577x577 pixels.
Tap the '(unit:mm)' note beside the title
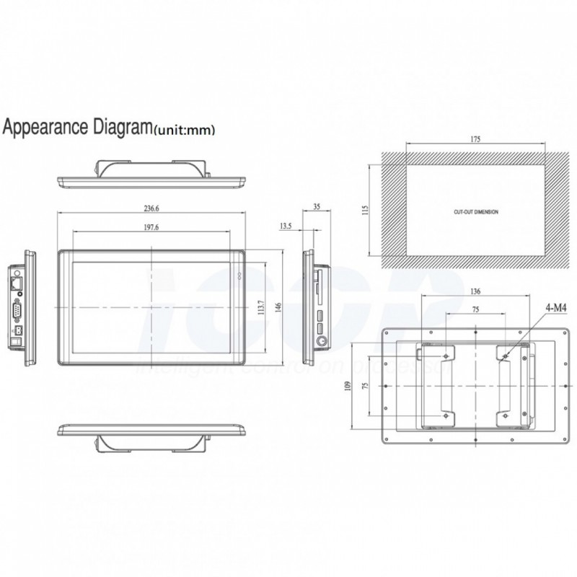(x=184, y=131)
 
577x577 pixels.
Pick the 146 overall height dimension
(x=278, y=308)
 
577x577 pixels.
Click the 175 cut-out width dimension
(x=475, y=138)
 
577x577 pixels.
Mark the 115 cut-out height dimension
(x=366, y=209)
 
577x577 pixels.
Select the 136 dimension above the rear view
(x=475, y=293)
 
